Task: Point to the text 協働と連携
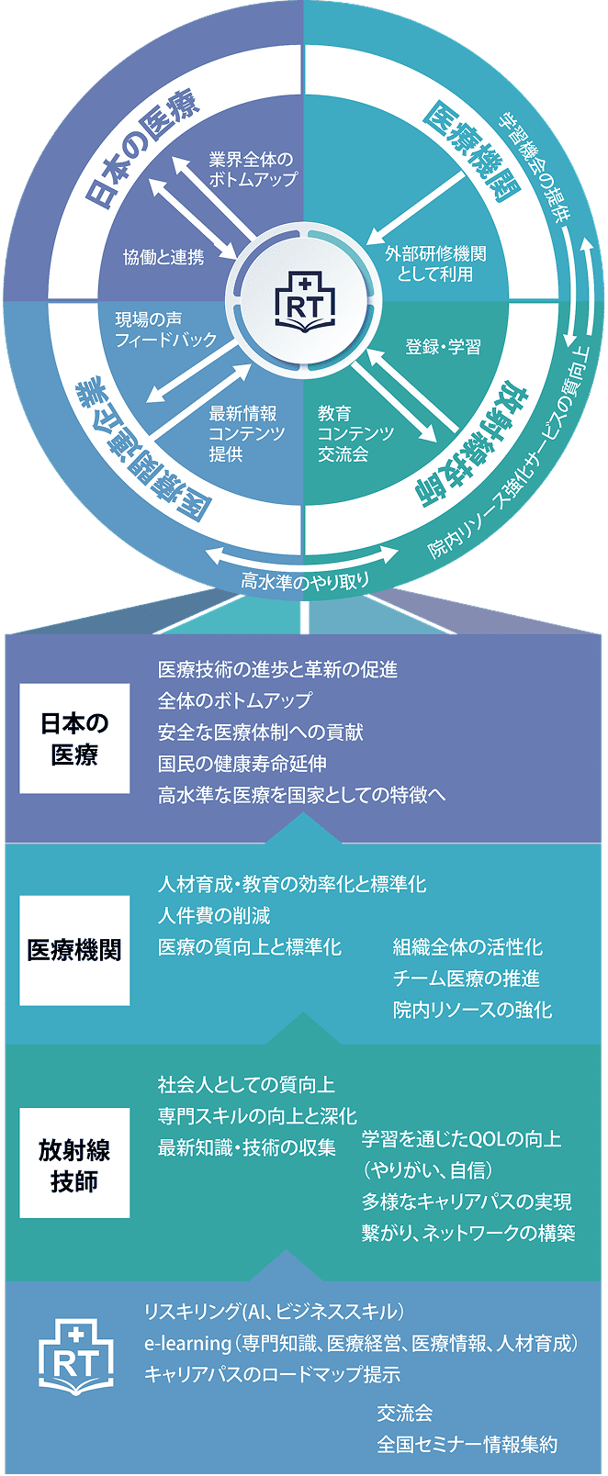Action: [x=163, y=257]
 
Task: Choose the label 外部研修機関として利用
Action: [x=435, y=263]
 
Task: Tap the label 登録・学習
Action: [x=443, y=347]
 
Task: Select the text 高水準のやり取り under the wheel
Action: [x=305, y=580]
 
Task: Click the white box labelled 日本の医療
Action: [x=74, y=739]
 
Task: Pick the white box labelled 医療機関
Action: [x=74, y=950]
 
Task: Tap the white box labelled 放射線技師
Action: [x=74, y=1163]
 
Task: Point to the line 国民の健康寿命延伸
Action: [x=242, y=764]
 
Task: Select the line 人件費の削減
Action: [x=214, y=916]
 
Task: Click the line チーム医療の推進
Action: [x=466, y=978]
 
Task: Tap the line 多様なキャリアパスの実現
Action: [x=467, y=1202]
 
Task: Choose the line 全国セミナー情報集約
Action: [x=467, y=1444]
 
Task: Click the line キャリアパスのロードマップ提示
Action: [x=272, y=1374]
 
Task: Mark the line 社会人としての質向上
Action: [x=246, y=1085]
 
